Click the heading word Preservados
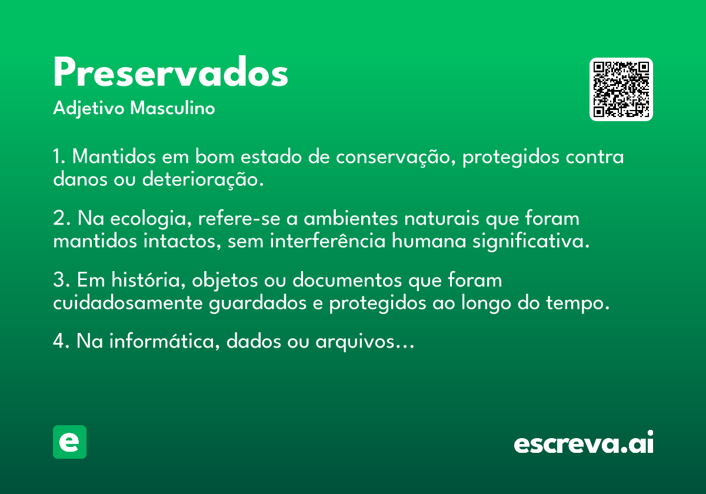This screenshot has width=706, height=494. pyautogui.click(x=171, y=72)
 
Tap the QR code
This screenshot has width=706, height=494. pyautogui.click(x=621, y=89)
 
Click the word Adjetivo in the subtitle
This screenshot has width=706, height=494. pyautogui.click(x=89, y=109)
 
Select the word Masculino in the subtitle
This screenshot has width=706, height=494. pyautogui.click(x=172, y=108)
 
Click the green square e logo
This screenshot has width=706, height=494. pyautogui.click(x=69, y=442)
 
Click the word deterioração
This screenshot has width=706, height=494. pyautogui.click(x=203, y=179)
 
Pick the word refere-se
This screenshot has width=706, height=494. pyautogui.click(x=239, y=218)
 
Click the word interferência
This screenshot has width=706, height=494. pyautogui.click(x=328, y=241)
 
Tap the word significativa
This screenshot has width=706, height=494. pyautogui.click(x=531, y=242)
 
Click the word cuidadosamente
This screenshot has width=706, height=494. pyautogui.click(x=128, y=303)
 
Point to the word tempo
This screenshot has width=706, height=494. pyautogui.click(x=578, y=303)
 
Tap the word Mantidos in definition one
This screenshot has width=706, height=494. pyautogui.click(x=114, y=156)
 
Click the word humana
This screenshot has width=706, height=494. pyautogui.click(x=429, y=241)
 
